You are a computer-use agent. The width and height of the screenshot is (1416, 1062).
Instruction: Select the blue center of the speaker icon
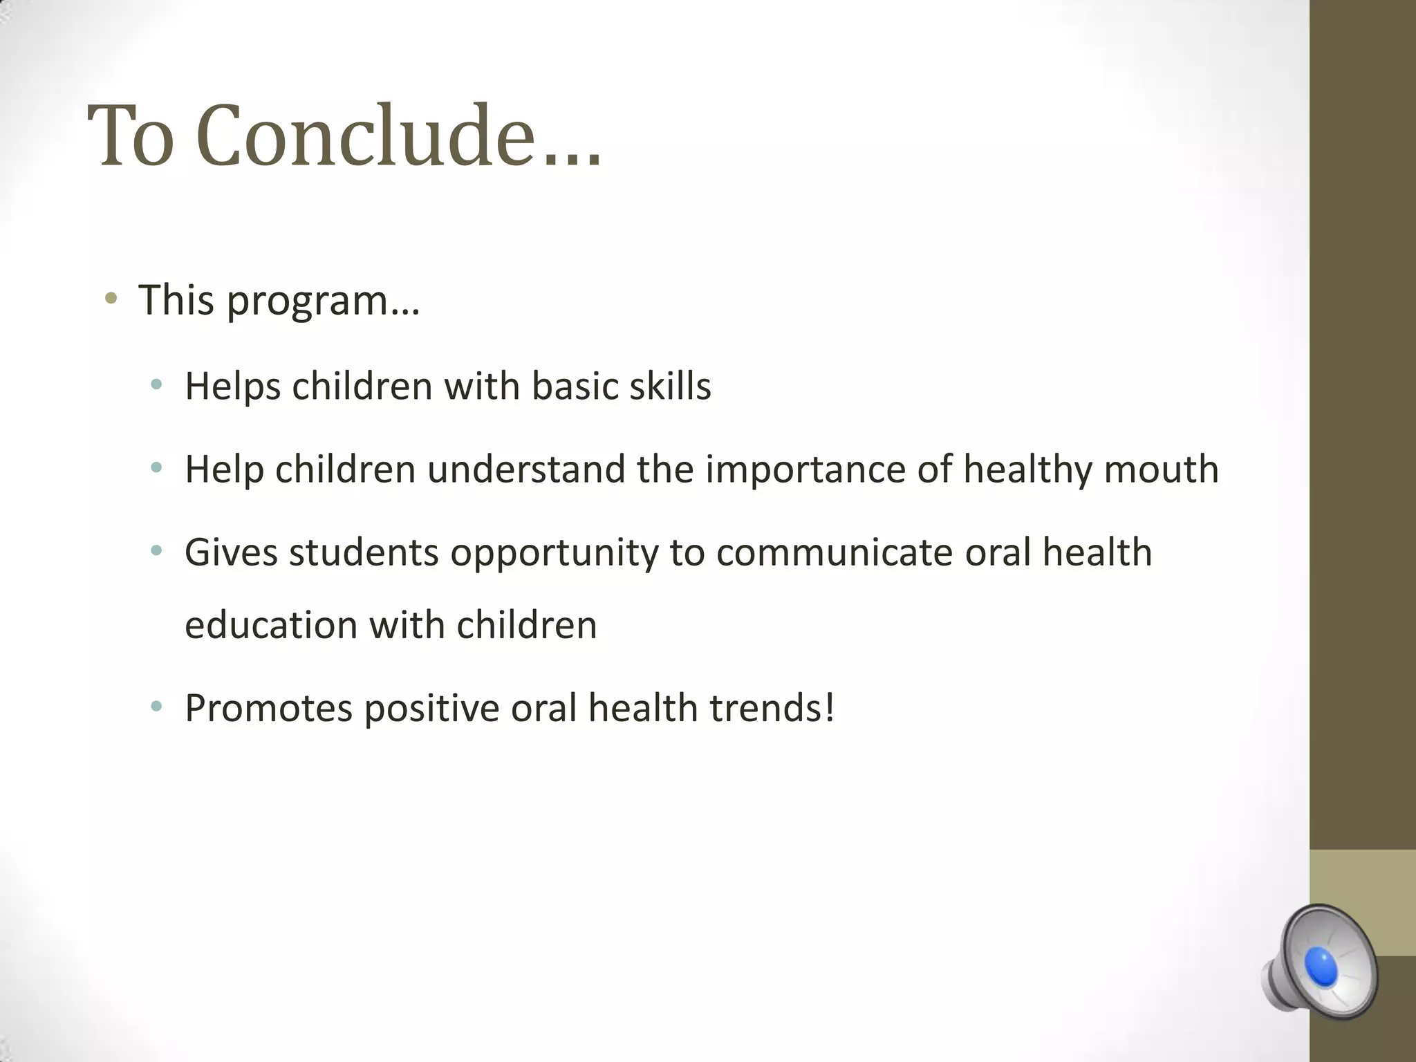coord(1321,967)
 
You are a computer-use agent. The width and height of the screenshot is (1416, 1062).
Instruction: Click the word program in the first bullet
coord(322,302)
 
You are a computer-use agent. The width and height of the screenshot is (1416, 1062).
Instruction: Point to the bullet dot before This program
coord(111,299)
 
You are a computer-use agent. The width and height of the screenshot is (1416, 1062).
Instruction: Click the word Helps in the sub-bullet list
coord(232,386)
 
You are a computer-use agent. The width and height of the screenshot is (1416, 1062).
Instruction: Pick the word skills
coord(670,386)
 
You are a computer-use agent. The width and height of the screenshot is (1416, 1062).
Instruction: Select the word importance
coord(805,470)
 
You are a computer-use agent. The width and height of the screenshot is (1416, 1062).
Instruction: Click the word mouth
coord(1161,469)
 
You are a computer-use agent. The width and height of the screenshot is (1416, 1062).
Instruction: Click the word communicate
coord(835,552)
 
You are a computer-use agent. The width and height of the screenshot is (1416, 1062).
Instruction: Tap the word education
coord(270,625)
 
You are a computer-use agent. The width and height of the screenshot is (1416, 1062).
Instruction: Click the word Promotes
coord(268,708)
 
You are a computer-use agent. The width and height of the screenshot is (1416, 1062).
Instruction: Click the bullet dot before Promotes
coord(157,707)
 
